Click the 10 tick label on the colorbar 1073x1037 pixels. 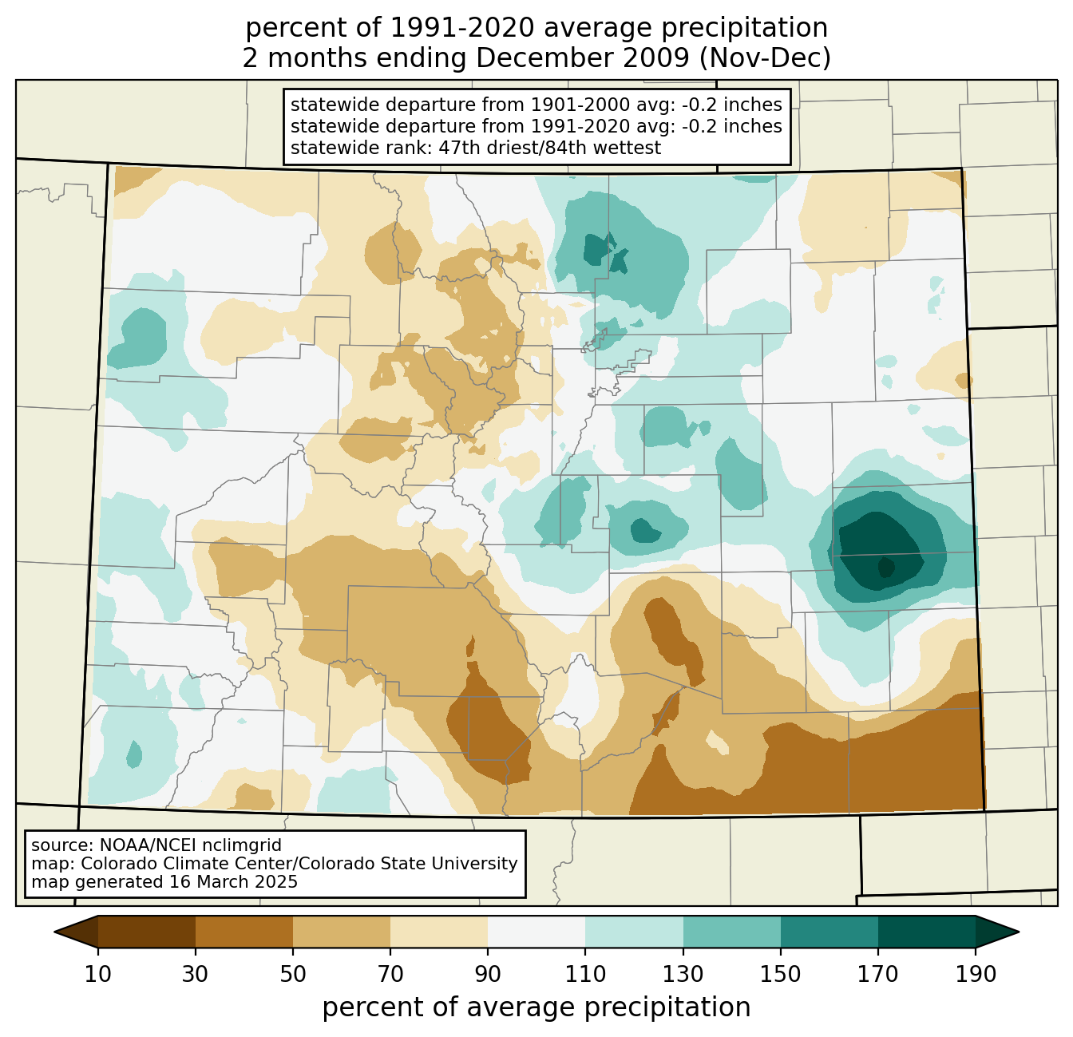pos(97,974)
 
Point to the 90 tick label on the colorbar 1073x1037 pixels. pos(488,974)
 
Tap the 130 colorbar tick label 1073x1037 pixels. pos(683,974)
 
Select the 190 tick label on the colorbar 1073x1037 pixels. pos(976,974)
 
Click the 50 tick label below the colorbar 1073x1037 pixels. pos(293,974)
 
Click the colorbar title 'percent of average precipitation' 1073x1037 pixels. pos(536,1007)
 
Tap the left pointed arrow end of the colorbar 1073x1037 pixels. pos(76,932)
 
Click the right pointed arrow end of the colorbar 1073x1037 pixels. pos(997,932)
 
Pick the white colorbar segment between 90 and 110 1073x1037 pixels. pos(536,932)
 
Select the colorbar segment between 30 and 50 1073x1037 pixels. pos(244,932)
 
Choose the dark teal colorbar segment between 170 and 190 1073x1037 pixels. pos(926,932)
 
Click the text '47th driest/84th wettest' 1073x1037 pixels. pos(550,148)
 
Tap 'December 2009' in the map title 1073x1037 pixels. pos(582,58)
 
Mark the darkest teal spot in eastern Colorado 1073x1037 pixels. pos(885,566)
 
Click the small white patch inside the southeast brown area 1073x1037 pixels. pos(718,742)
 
